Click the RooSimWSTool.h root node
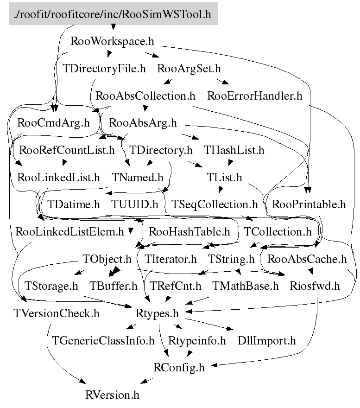pos(113,14)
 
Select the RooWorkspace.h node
pos(112,41)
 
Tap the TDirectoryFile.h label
pos(104,69)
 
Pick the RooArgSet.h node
pos(189,69)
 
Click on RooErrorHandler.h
pos(255,96)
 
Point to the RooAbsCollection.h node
pos(145,96)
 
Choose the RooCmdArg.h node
pos(53,123)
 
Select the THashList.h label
pos(234,150)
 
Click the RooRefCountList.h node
pos(67,150)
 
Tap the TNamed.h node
pos(138,178)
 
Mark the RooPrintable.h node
pos(309,204)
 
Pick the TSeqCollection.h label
pos(215,204)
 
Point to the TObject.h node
pos(107,259)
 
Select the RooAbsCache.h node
pos(307,259)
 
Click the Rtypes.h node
pos(158,313)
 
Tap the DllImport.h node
pos(266,341)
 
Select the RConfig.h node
pos(178,368)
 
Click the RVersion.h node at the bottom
pos(112,395)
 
